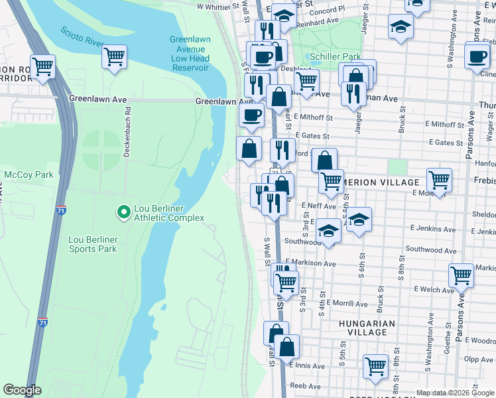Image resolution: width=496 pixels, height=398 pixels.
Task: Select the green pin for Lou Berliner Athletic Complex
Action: (123, 212)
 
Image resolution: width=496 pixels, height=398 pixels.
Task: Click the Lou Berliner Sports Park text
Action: (93, 244)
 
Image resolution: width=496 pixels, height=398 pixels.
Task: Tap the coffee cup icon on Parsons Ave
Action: (477, 56)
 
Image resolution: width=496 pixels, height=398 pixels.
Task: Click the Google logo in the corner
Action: (23, 390)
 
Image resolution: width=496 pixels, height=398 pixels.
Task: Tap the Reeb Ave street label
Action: (305, 385)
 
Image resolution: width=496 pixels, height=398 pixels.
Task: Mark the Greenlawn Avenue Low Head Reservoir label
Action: (190, 54)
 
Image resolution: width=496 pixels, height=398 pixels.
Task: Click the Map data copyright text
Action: (455, 393)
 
